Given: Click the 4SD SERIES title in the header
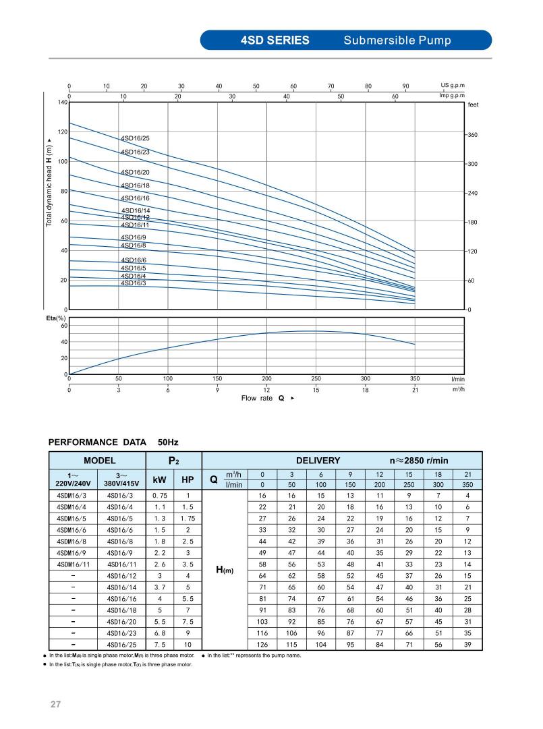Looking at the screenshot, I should [x=275, y=40].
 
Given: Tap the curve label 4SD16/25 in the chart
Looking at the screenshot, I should [x=136, y=138].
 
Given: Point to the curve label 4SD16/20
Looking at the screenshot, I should [x=136, y=173].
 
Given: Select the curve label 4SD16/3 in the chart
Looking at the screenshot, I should [x=133, y=283].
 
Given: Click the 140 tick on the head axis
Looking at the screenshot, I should [x=63, y=103].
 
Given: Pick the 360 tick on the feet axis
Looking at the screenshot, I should [x=473, y=136].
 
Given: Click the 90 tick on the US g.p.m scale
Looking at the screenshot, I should [x=405, y=86].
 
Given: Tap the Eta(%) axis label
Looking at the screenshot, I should [x=55, y=318].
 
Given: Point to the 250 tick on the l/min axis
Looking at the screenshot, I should [x=316, y=379].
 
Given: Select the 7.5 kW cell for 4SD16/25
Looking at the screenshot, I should [x=160, y=644].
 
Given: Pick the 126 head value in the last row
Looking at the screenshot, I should [x=262, y=644].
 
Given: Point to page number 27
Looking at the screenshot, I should [x=55, y=705].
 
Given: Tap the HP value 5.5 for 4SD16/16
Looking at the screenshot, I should [x=188, y=598].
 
